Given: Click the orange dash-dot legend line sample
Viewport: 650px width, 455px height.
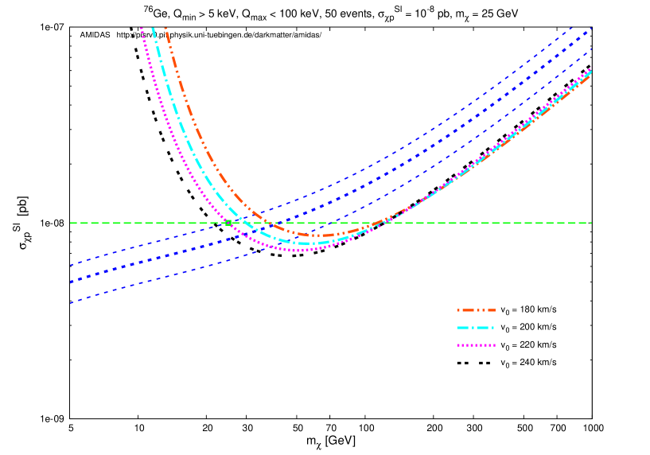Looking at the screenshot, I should pyautogui.click(x=476, y=309).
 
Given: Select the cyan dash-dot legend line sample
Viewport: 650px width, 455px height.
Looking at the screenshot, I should pyautogui.click(x=476, y=328).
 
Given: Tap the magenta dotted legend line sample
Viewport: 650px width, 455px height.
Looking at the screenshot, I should pyautogui.click(x=476, y=345).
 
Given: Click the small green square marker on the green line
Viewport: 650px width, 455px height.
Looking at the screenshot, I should pyautogui.click(x=228, y=223).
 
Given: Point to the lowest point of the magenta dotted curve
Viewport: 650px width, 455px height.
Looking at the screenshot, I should pyautogui.click(x=298, y=251).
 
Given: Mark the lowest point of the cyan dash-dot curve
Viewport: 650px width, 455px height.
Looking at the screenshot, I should pyautogui.click(x=306, y=243).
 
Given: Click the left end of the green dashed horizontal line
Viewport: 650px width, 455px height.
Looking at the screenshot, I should pyautogui.click(x=71, y=223).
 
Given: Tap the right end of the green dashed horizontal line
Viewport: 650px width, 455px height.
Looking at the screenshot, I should pyautogui.click(x=591, y=223).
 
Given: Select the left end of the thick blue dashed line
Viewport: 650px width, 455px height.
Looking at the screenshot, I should pyautogui.click(x=71, y=282).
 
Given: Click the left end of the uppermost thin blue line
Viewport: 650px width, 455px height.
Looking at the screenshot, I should pyautogui.click(x=71, y=265).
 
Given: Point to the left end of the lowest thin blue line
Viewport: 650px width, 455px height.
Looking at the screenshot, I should pyautogui.click(x=71, y=302).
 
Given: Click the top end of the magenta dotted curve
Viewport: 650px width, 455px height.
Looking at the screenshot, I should pyautogui.click(x=142, y=29).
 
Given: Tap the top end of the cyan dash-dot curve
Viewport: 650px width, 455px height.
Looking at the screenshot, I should pyautogui.click(x=153, y=29).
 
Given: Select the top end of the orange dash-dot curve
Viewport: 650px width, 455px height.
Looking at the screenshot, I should pyautogui.click(x=165, y=29).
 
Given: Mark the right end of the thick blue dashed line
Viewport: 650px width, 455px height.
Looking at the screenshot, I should pyautogui.click(x=591, y=30).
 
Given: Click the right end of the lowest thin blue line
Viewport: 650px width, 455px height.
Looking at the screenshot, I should pyautogui.click(x=591, y=51).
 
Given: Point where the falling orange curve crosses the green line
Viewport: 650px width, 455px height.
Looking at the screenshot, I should pyautogui.click(x=266, y=223).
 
